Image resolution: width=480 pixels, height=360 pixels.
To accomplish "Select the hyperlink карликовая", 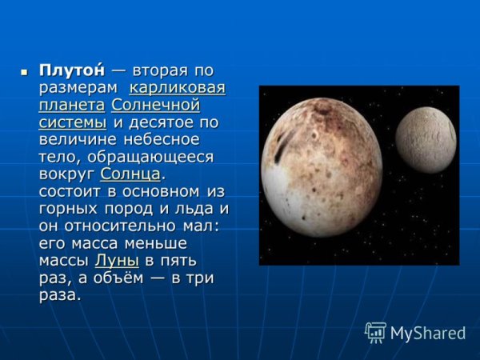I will click(x=177, y=88).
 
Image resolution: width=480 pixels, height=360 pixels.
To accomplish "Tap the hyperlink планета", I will click(x=71, y=106).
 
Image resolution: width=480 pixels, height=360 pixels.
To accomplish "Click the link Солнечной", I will click(x=155, y=106).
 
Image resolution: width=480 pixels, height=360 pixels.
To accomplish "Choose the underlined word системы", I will click(x=72, y=123).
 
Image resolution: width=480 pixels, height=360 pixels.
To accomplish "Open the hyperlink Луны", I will click(x=117, y=261).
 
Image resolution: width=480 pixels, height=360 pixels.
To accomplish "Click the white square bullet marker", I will click(x=24, y=71).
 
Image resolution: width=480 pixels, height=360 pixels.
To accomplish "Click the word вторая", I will click(x=159, y=70).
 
